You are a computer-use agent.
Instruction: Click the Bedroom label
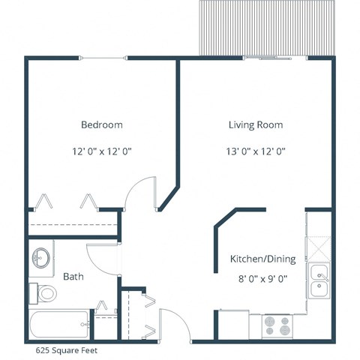pos(102,124)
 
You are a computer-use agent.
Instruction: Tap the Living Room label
pos(256,124)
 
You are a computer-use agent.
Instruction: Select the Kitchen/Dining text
pos(262,259)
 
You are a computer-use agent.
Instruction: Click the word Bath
pos(73,277)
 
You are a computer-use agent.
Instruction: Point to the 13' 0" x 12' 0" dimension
pos(256,151)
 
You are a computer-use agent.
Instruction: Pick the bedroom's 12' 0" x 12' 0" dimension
pos(102,151)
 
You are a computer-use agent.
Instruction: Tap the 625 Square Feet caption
pos(66,349)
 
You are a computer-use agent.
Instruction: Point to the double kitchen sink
pos(319,278)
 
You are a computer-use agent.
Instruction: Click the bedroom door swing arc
pos(139,192)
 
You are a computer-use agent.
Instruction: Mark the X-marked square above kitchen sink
pos(318,247)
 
